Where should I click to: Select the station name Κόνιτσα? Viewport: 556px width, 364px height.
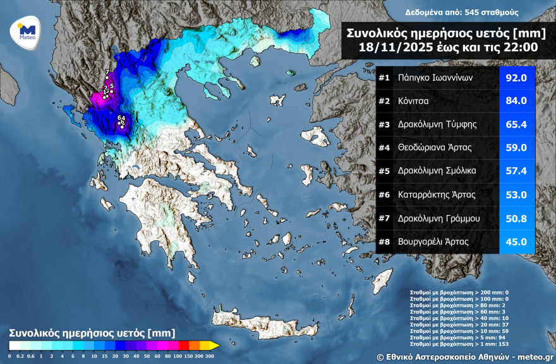(411, 102)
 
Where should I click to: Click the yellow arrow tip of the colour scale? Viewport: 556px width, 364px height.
(215, 345)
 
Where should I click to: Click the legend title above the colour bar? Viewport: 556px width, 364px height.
(92, 333)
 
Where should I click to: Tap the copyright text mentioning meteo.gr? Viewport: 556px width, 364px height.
(464, 356)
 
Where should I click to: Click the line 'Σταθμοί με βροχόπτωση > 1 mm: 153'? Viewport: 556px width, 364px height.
(459, 343)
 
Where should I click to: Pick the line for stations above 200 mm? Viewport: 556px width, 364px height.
(459, 293)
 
